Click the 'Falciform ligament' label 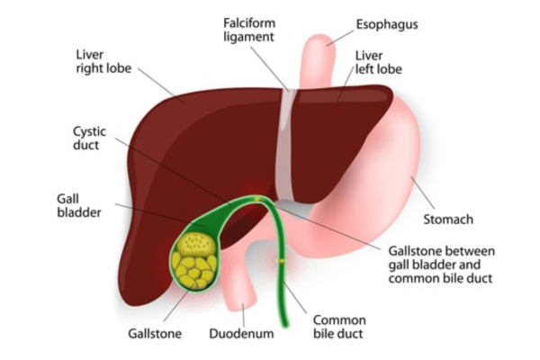249,30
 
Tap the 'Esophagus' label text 387,24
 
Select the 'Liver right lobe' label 103,61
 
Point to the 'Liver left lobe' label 379,62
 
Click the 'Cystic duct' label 89,138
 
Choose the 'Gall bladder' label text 79,206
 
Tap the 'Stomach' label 448,220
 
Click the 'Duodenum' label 241,334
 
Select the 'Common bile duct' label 339,327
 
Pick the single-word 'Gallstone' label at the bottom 155,334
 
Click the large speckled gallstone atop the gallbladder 196,244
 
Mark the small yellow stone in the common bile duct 282,261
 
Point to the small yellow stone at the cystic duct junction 256,199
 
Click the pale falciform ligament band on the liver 286,145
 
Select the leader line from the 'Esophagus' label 340,38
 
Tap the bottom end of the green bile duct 284,325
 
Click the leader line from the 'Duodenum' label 243,315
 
